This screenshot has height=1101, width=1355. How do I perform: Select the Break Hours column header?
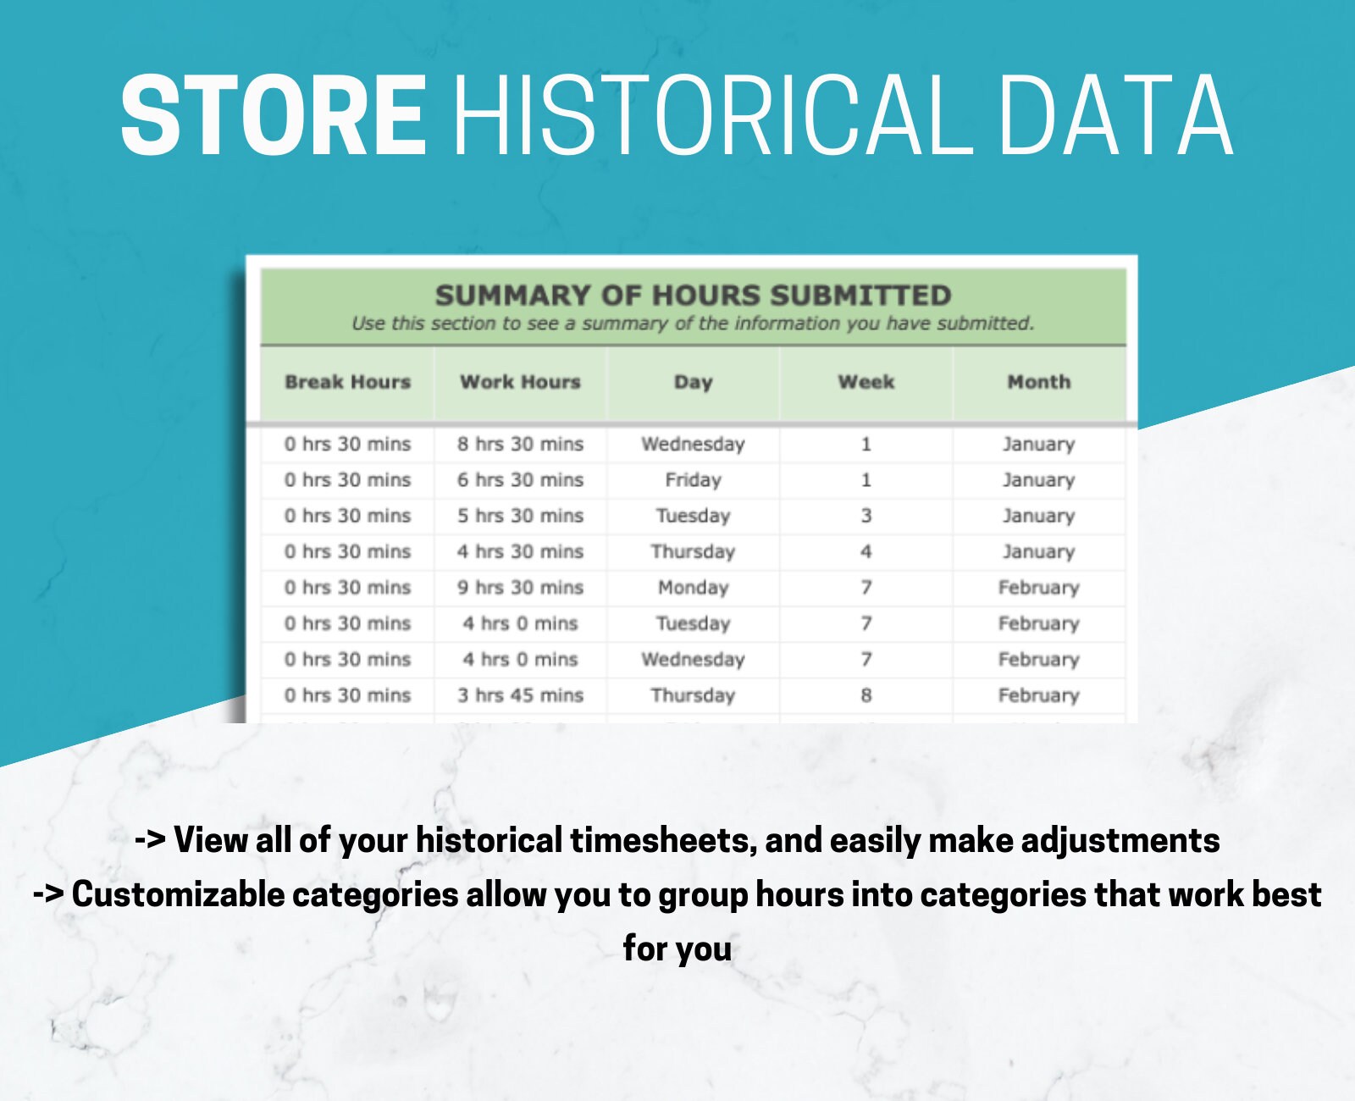point(347,382)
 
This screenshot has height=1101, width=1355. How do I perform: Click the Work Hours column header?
point(520,382)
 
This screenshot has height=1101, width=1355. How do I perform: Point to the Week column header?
point(866,382)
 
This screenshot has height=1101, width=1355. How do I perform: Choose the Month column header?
point(1038,382)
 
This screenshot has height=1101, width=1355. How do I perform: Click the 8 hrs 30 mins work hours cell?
point(520,444)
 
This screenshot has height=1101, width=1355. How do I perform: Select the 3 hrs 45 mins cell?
point(520,695)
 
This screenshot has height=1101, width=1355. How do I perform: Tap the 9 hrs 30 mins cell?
point(520,588)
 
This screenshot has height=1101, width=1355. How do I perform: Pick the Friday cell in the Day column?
point(693,480)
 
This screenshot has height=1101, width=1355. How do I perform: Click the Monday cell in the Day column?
point(693,588)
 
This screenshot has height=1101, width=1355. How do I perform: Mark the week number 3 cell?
point(866,516)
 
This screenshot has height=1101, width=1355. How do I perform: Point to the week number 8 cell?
point(866,695)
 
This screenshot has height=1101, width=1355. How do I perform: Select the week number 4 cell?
point(866,552)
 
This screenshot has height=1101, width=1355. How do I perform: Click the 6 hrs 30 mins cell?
point(520,480)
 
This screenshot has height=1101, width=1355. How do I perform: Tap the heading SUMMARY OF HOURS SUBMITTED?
point(693,296)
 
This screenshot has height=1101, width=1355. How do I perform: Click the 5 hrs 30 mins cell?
point(520,516)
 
